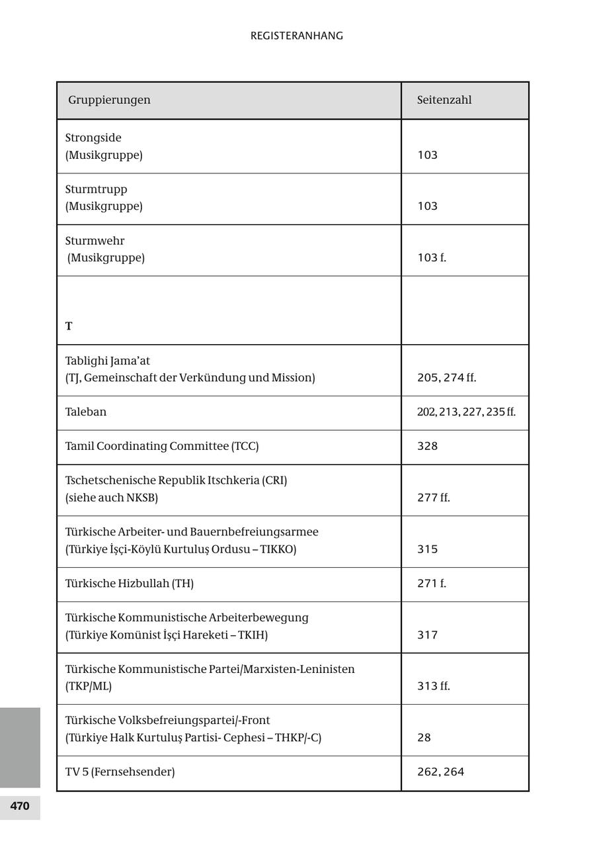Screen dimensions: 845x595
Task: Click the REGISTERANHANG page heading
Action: (x=297, y=36)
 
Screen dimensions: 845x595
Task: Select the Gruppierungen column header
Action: (x=109, y=100)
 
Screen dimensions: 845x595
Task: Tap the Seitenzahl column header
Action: (x=444, y=100)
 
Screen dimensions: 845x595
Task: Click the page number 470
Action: (x=20, y=806)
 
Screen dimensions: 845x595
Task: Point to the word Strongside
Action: (x=93, y=138)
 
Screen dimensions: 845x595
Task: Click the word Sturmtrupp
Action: (x=96, y=189)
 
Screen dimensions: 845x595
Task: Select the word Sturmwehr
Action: (x=95, y=241)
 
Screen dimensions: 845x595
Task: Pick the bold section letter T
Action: (x=69, y=326)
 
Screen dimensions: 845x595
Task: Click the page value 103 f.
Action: (x=432, y=257)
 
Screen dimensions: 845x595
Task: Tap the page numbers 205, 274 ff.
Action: (x=446, y=378)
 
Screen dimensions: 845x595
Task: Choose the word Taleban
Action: (x=86, y=412)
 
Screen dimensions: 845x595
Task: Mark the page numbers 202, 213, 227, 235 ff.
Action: (x=466, y=412)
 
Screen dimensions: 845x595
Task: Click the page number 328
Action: (x=428, y=446)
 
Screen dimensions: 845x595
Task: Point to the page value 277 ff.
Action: (x=433, y=498)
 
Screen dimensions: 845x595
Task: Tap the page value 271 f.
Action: (x=432, y=584)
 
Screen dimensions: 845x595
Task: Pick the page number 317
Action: (x=428, y=635)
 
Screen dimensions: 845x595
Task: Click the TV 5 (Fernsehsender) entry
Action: (x=120, y=772)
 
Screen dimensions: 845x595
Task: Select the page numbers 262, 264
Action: (x=440, y=772)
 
